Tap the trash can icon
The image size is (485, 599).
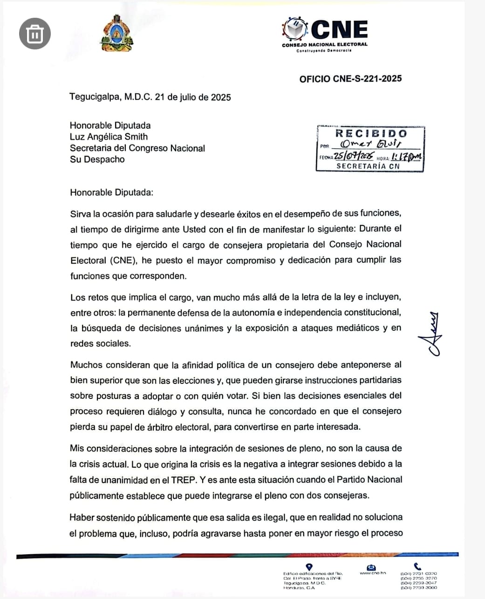click(x=35, y=33)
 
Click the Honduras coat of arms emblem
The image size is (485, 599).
click(x=116, y=33)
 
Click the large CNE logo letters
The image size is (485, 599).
click(x=339, y=29)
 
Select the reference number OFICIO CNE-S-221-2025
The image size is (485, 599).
click(x=350, y=79)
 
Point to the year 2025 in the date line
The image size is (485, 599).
click(x=221, y=98)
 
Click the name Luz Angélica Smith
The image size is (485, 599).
click(x=109, y=137)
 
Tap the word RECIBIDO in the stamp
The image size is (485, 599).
click(x=371, y=133)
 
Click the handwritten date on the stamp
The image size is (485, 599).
click(x=354, y=156)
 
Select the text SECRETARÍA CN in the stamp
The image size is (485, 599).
click(x=368, y=166)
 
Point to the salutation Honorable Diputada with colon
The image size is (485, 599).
click(x=111, y=192)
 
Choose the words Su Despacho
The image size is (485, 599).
click(x=97, y=159)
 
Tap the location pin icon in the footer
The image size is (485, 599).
click(x=309, y=566)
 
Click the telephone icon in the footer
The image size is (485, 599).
click(x=417, y=566)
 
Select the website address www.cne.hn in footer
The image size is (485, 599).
click(x=373, y=573)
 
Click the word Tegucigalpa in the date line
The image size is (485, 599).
click(x=95, y=98)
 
